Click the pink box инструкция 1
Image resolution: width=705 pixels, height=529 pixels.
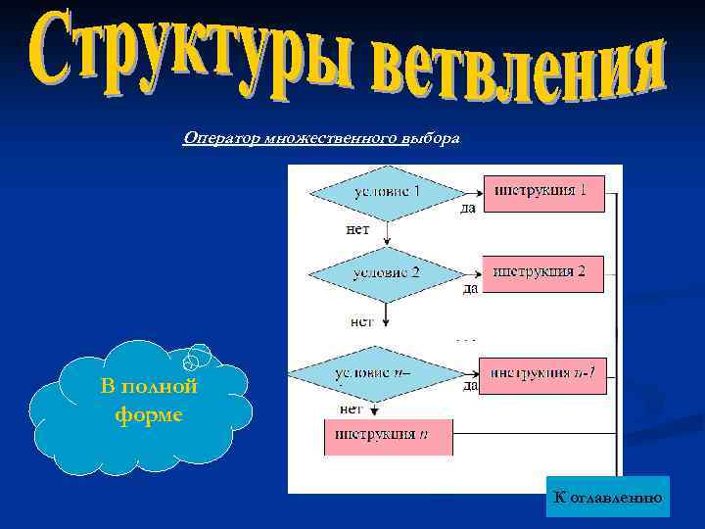(x=543, y=192)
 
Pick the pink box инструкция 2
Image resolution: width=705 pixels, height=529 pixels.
(x=543, y=272)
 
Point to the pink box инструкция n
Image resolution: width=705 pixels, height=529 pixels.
(x=388, y=435)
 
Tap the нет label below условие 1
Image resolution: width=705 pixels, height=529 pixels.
(x=357, y=229)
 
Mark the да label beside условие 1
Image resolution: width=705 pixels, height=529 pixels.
(x=468, y=208)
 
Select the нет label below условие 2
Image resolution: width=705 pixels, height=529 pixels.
(x=361, y=320)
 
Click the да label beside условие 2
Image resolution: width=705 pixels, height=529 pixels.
(x=470, y=288)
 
